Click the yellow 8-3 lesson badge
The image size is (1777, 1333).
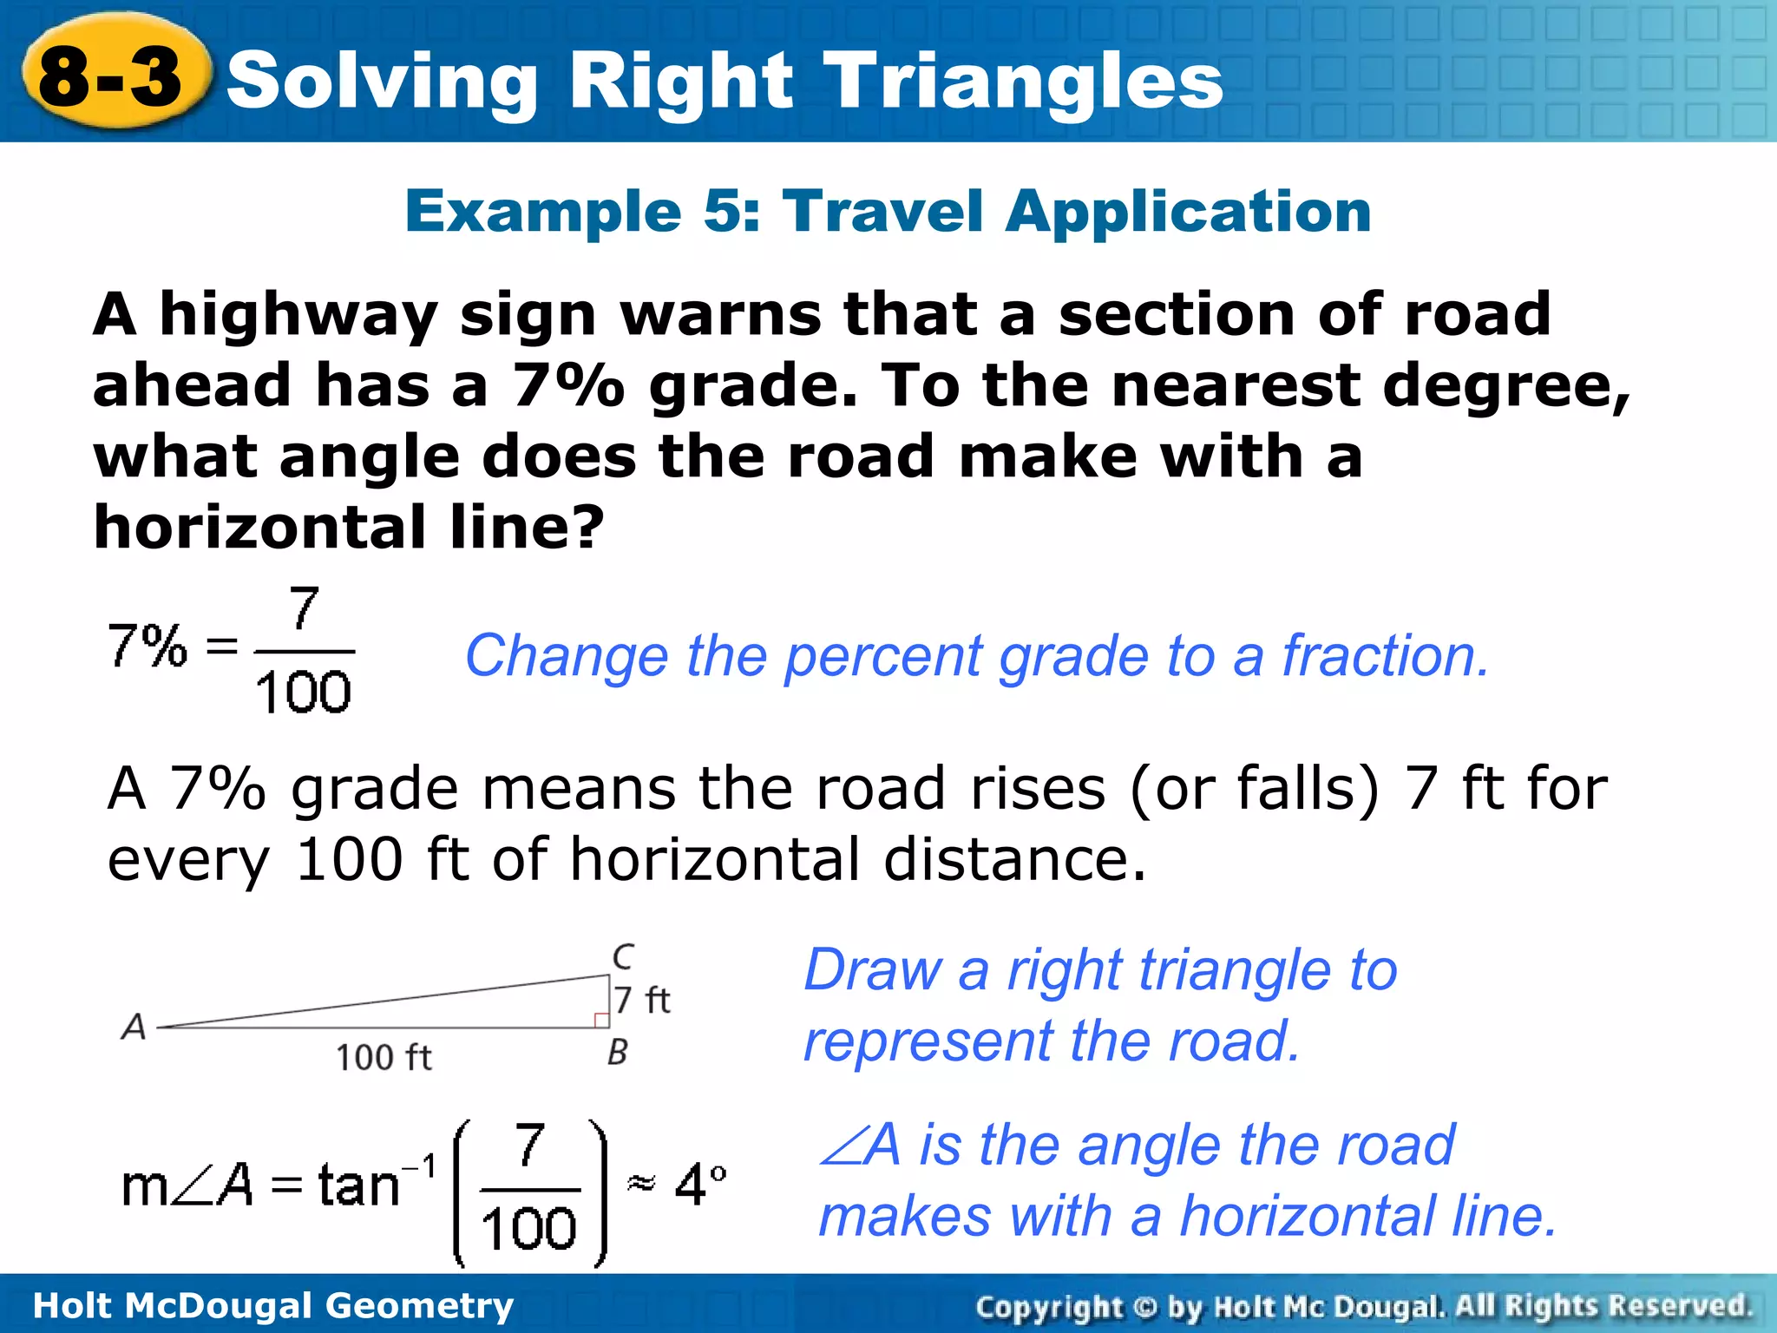point(113,76)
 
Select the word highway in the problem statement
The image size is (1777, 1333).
point(299,316)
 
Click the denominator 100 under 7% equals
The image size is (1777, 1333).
point(303,693)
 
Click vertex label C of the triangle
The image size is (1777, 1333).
point(623,956)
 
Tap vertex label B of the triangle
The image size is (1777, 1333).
point(618,1053)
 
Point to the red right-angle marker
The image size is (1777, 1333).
point(601,1020)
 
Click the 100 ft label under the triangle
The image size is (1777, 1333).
point(384,1058)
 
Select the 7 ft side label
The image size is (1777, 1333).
point(643,1000)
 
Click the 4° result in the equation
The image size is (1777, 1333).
point(699,1185)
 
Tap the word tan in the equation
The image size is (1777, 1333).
point(358,1185)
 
